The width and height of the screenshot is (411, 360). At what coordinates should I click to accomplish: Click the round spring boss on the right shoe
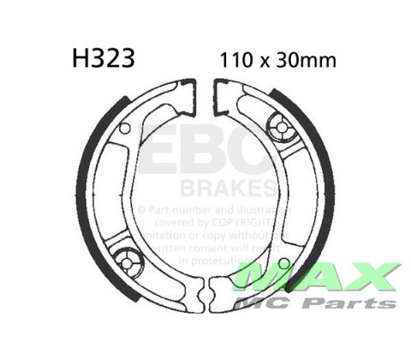click(281, 128)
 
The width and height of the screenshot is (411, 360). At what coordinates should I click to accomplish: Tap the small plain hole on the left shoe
click(125, 129)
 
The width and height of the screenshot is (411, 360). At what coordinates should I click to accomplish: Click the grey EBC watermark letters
click(205, 154)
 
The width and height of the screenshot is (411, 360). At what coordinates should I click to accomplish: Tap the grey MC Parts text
click(319, 303)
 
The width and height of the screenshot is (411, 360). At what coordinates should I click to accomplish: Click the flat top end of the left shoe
click(189, 86)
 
